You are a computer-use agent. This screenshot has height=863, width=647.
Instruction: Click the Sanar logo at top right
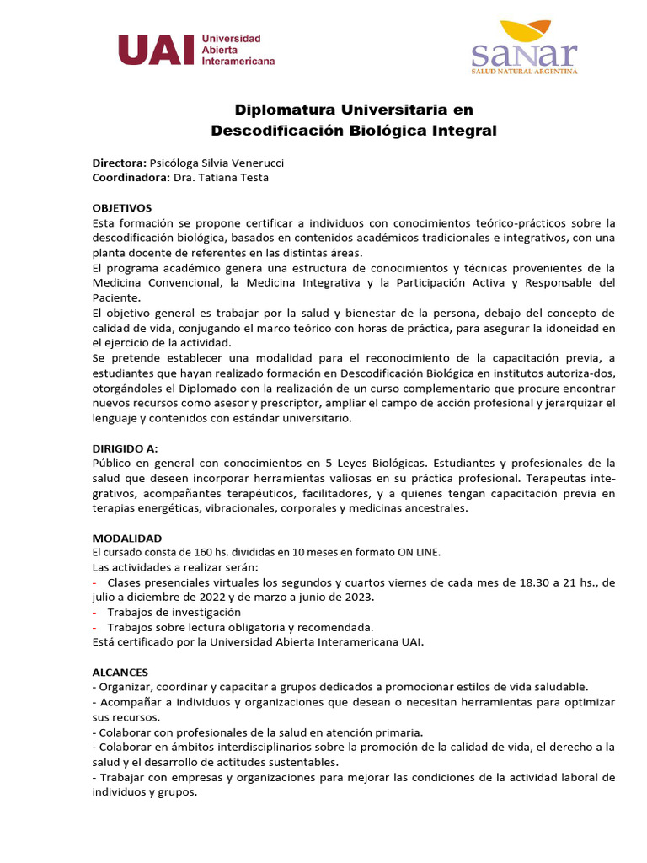524,48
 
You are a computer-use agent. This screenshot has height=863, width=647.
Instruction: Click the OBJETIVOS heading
121,207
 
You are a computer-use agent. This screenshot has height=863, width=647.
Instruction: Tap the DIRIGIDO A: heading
125,448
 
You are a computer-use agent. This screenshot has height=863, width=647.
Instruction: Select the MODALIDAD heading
126,538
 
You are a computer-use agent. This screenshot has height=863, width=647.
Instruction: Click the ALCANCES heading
120,672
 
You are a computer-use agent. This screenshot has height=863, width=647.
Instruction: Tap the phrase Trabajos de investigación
174,612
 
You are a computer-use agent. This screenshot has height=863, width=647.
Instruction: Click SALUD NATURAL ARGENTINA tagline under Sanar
524,72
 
